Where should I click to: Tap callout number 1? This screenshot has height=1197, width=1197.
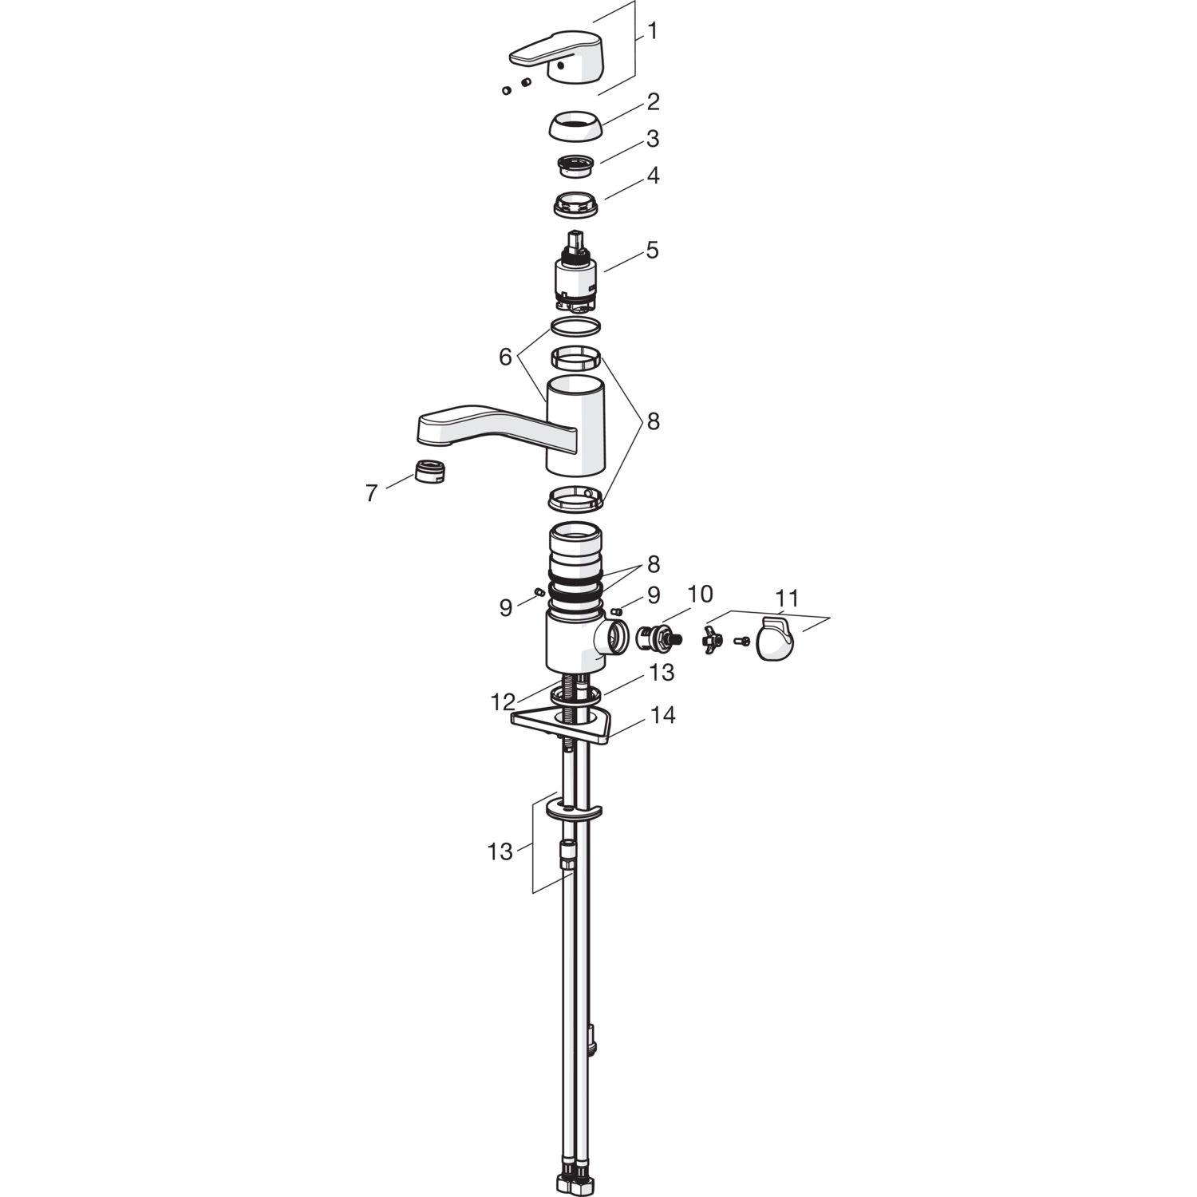[653, 32]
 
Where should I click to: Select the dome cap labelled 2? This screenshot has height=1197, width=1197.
[575, 126]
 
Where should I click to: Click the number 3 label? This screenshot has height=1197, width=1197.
[653, 139]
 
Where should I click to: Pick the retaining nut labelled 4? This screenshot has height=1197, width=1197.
[575, 204]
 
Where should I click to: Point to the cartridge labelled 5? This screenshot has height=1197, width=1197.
[575, 271]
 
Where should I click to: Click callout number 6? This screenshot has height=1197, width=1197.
[505, 357]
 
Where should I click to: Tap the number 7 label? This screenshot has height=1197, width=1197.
[371, 493]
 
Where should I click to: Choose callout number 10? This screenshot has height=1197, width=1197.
[700, 595]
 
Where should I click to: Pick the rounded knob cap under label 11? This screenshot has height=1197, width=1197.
[775, 640]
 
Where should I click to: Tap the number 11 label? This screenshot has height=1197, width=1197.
[787, 598]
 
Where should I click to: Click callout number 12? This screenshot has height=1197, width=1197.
[503, 702]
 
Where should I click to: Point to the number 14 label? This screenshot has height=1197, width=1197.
[662, 716]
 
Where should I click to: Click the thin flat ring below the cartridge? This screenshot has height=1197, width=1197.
[575, 326]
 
